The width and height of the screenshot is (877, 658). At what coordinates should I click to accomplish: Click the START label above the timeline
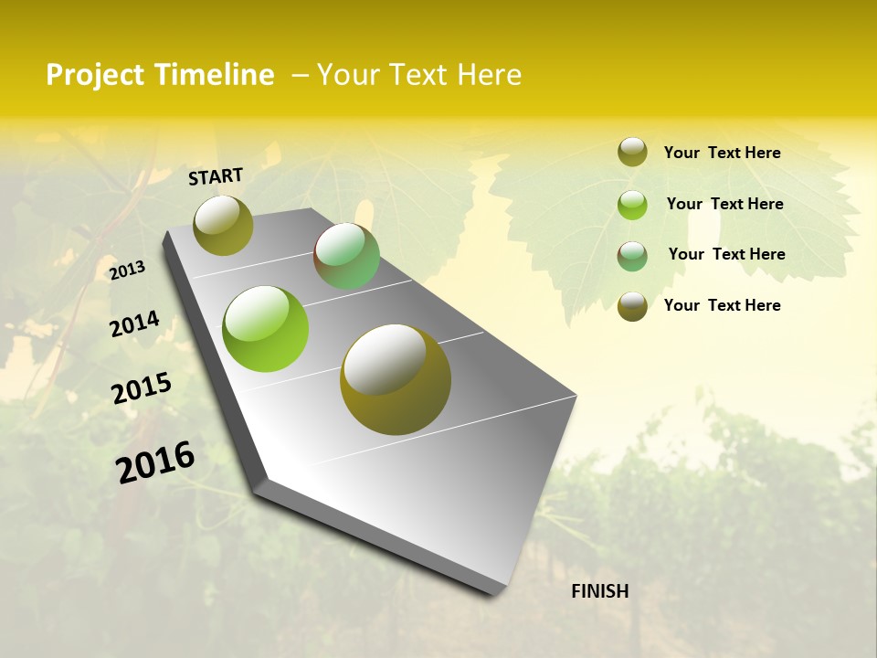pos(216,176)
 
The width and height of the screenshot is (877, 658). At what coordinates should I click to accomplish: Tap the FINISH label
pos(600,591)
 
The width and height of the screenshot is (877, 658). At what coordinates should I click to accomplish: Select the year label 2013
pos(128,270)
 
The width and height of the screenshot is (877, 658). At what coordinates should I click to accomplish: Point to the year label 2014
pos(134,324)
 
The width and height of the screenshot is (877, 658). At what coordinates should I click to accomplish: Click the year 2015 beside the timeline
pos(142,388)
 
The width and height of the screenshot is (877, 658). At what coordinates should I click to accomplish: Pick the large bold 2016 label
pos(155,462)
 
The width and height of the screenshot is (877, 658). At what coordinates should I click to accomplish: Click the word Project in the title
pos(96,75)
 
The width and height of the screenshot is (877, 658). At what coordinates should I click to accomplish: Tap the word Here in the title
pos(489,75)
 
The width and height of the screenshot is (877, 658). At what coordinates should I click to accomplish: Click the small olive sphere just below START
pos(224,225)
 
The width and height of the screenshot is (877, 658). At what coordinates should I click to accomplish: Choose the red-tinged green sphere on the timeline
pos(346,256)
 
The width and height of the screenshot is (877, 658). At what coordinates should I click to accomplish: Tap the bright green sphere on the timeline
pos(266,329)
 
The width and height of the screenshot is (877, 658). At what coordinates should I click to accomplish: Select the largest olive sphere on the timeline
pos(396,379)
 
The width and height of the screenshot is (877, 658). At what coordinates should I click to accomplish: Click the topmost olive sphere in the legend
pos(632,153)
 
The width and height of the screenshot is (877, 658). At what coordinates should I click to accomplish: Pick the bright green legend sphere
pos(632,204)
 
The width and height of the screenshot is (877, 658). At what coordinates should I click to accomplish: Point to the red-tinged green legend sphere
pos(632,255)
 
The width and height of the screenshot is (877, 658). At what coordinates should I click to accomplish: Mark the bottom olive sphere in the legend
pos(632,306)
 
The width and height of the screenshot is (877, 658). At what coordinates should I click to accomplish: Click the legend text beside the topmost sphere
pos(722,153)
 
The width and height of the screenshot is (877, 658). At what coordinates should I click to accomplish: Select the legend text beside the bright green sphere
pos(724,204)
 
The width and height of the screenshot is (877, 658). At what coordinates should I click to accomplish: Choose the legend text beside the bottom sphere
pos(722,305)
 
